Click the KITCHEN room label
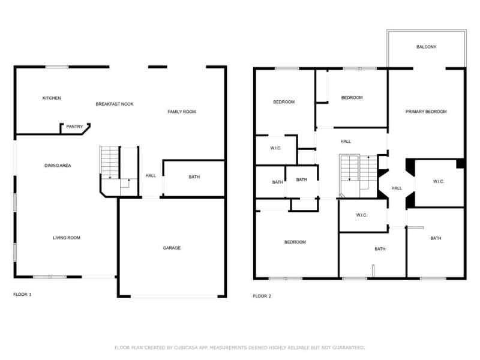point(52,98)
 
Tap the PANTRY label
point(74,127)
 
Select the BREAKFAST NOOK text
point(115,104)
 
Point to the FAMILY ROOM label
point(182,112)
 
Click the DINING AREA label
point(58,166)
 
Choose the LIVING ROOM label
point(67,238)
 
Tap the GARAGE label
point(172,248)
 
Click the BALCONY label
point(426,47)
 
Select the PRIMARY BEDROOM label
point(426,112)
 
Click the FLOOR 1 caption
point(22,295)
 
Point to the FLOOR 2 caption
point(262,296)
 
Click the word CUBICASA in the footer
point(186,348)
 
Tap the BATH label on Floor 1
point(194,177)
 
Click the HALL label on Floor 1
point(151,176)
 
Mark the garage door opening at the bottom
point(174,296)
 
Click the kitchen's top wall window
point(57,67)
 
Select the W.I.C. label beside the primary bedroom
point(439,182)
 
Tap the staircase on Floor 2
point(358,176)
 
